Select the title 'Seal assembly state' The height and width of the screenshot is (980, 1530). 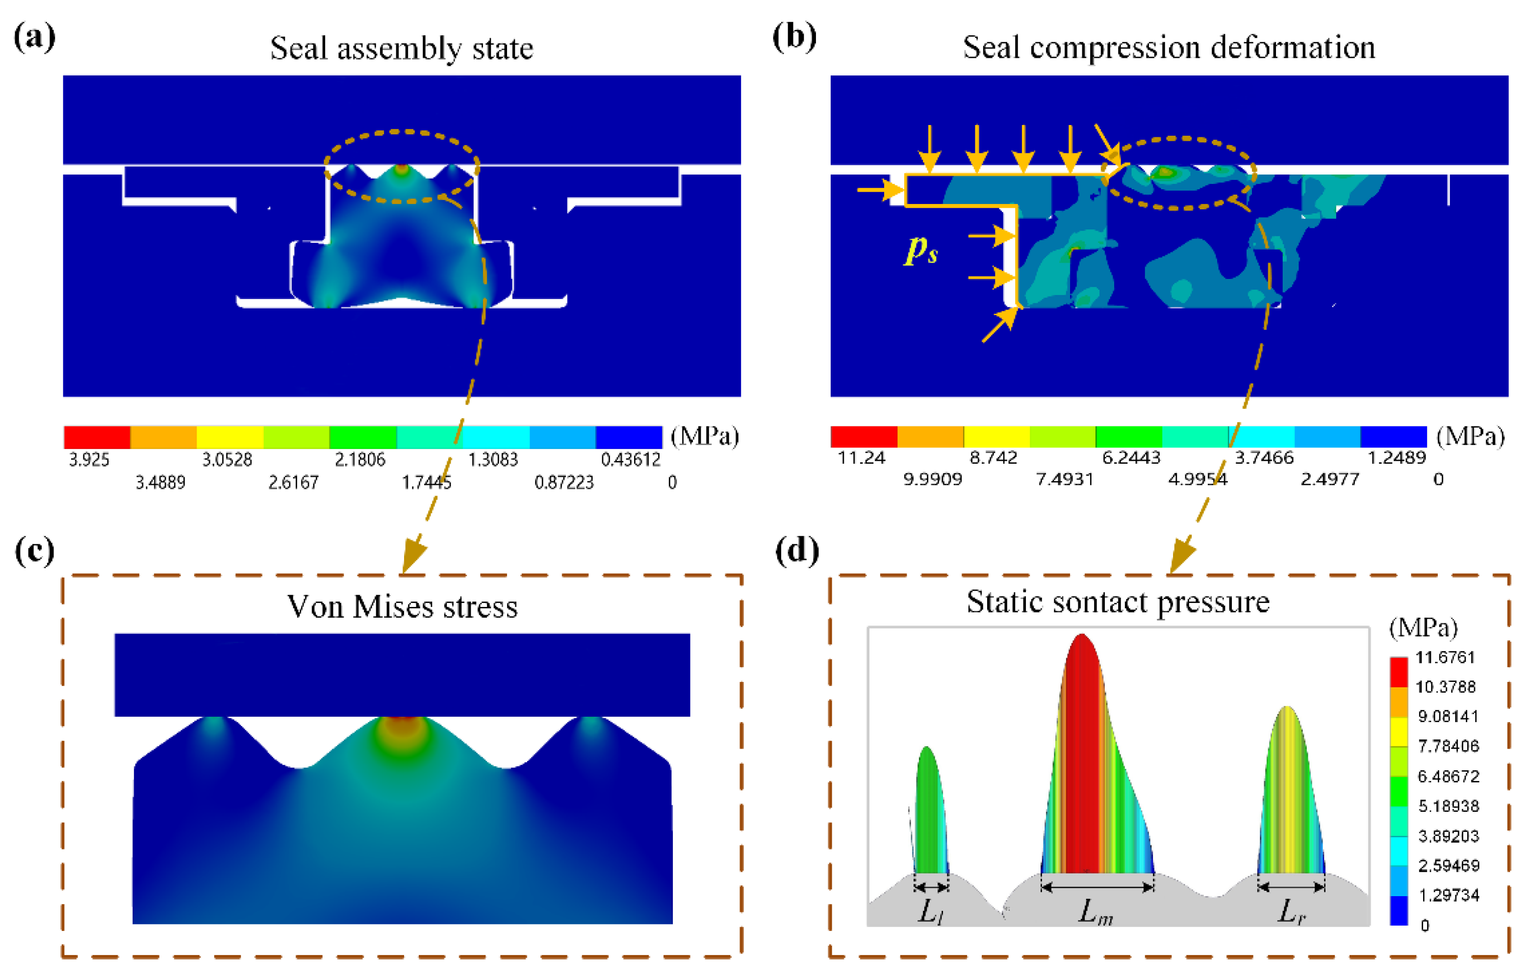pos(401,49)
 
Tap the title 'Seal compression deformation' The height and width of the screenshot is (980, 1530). pos(1169,48)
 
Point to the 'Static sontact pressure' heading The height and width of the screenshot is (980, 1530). pos(1118,602)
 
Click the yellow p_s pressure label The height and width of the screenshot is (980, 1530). pos(921,250)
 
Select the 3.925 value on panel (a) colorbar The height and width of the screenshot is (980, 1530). pos(89,459)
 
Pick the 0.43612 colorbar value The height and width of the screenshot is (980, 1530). pos(630,459)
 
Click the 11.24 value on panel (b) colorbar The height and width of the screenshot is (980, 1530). pos(861,457)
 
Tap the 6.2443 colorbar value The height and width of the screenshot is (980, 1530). pos(1131,457)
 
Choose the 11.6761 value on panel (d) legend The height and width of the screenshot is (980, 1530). pos(1445,657)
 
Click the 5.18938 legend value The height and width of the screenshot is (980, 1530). pos(1448,806)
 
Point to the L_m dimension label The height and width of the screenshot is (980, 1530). pos(1096,913)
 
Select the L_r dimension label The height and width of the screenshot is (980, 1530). pos(1291,912)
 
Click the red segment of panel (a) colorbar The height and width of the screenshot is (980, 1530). pos(97,437)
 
